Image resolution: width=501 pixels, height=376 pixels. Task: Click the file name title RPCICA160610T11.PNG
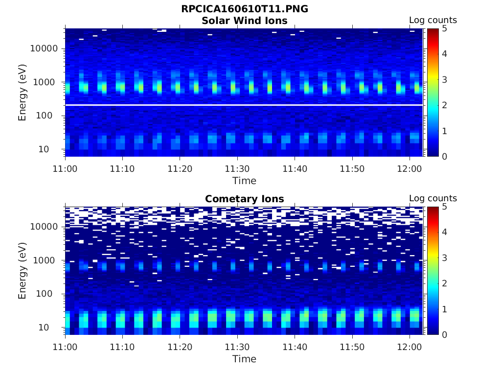coord(245,9)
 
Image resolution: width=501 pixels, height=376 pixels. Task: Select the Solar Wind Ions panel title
coord(245,21)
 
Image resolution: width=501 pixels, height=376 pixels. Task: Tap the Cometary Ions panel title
coord(245,199)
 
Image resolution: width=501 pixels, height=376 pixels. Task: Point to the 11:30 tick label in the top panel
coord(237,168)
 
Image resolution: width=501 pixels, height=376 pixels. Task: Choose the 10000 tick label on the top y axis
coord(45,48)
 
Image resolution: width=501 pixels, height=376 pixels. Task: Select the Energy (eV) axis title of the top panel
coord(23,93)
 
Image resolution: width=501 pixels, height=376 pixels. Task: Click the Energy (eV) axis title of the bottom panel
coord(23,271)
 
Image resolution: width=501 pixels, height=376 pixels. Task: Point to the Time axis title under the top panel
coord(244,181)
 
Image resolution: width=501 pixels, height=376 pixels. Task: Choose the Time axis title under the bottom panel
coord(244,359)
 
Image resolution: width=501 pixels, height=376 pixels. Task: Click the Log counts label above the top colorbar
coord(433,20)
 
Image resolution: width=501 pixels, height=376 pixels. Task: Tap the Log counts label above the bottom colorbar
coord(433,198)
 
